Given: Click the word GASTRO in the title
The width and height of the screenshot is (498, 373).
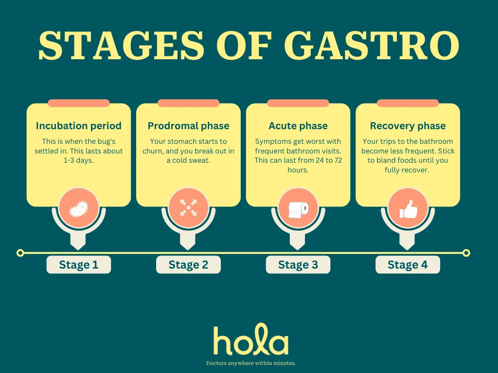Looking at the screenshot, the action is [x=372, y=45].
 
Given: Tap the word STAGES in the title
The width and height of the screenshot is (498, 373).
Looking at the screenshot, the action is [x=121, y=45].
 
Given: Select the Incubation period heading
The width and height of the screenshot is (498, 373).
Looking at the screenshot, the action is [x=78, y=126].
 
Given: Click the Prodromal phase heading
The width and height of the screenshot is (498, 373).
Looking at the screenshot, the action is [x=188, y=126].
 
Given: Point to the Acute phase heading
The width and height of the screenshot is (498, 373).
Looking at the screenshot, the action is [x=298, y=126].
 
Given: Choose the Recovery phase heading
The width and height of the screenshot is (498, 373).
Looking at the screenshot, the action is [x=408, y=126].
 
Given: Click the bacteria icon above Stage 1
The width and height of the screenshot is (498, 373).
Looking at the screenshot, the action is [x=79, y=208].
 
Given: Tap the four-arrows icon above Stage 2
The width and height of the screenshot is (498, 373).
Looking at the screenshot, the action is [x=188, y=208].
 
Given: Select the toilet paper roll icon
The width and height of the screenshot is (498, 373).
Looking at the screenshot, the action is [x=298, y=210].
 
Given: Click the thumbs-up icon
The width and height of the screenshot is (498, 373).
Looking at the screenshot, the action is [x=408, y=209].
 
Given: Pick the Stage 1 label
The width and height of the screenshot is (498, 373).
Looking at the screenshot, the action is [x=79, y=265].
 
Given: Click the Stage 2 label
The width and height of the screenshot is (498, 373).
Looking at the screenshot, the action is [x=188, y=265].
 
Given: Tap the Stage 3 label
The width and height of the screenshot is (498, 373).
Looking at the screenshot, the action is [x=298, y=265].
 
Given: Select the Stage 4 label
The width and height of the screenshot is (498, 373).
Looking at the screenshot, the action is [x=408, y=265].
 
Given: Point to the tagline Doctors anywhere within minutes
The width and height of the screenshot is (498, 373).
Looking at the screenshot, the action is [x=251, y=363].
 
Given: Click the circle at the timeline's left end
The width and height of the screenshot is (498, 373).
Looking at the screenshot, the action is [x=20, y=253].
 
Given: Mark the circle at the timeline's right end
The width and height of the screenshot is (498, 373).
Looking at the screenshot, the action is [x=466, y=253].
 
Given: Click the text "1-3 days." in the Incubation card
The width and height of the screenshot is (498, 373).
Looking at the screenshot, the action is [x=78, y=160].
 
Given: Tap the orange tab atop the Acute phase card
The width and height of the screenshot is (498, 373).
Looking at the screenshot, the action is [x=298, y=103].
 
